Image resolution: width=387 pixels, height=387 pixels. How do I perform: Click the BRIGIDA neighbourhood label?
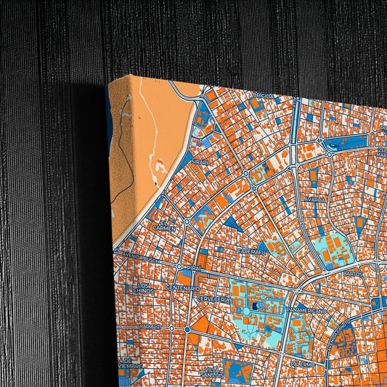pos(262,95)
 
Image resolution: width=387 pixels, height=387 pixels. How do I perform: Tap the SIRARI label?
pos(200,162)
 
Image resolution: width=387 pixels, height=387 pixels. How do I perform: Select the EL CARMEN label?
pos(163,227)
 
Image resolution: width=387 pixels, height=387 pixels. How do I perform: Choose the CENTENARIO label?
pos(181,288)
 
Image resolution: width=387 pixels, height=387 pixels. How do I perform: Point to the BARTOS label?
pos(354,274)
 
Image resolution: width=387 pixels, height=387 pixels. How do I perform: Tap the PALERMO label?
pos(304,361)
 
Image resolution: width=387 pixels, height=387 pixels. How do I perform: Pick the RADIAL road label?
pos(151,327)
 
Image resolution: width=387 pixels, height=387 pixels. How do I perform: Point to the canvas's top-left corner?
pos(109,81)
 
